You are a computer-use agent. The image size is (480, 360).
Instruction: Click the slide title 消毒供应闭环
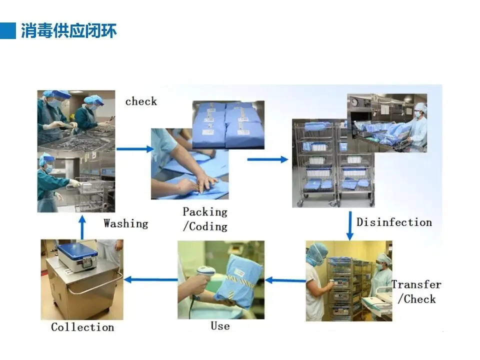69,31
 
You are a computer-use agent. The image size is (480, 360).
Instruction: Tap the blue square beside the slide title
8,30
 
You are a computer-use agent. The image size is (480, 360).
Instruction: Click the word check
141,101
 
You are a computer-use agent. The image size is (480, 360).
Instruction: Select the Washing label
126,223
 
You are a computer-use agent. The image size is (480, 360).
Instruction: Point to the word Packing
205,212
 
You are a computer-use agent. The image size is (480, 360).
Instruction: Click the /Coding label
205,226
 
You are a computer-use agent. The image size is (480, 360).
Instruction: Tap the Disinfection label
394,222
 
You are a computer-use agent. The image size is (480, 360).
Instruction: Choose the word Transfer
416,284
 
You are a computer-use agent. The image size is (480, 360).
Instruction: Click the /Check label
416,299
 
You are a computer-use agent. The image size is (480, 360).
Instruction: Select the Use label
220,326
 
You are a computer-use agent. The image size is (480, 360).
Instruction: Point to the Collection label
82,327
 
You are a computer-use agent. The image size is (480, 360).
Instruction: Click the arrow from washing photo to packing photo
134,148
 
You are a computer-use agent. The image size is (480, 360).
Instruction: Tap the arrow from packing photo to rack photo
267,159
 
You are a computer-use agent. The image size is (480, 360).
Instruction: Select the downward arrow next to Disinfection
350,225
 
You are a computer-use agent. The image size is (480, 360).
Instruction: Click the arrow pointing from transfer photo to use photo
285,280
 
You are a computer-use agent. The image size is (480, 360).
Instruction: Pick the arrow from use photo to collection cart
150,279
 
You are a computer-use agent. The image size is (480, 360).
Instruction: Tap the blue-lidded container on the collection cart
76,255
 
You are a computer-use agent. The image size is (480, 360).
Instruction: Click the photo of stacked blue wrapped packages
228,124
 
